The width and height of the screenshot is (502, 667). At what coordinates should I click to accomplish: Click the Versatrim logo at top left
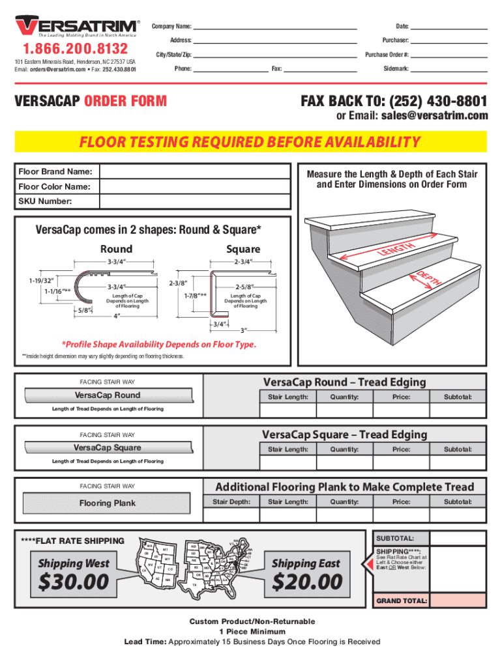76,26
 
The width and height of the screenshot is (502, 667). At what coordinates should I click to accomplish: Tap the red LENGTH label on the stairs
395,249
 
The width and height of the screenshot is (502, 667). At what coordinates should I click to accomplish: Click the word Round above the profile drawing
116,249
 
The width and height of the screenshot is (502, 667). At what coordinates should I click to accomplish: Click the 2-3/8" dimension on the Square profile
179,284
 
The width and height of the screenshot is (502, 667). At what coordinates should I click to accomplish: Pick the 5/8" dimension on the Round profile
83,310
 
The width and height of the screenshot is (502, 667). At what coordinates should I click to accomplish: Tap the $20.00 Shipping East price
306,581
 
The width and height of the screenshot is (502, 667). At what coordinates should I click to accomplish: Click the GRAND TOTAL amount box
459,601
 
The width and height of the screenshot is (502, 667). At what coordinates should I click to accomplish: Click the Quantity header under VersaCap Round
344,397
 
